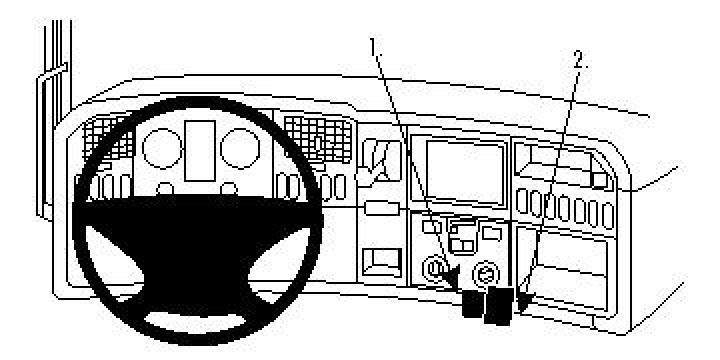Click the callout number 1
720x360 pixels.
(x=376, y=46)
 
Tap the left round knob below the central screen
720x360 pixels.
(x=437, y=269)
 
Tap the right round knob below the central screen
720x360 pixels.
(x=487, y=270)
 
